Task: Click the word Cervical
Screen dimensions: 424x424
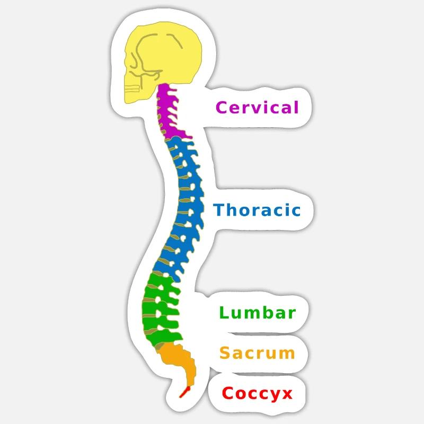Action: [x=257, y=108]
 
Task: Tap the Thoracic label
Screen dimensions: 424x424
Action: [x=257, y=210]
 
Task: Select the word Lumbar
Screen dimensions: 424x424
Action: [x=257, y=312]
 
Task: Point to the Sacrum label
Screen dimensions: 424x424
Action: [x=257, y=352]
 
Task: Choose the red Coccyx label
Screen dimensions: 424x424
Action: [x=257, y=394]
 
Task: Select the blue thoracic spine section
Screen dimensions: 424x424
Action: [x=185, y=201]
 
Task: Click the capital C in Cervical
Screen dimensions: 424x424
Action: [x=222, y=108]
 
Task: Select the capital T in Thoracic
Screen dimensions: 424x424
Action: [x=219, y=210]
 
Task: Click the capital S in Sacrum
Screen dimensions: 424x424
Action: [x=225, y=352]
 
